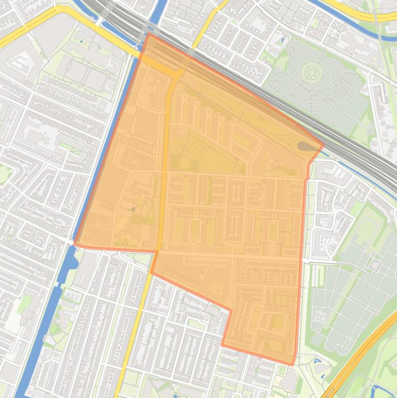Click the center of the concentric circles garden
pos(311,72)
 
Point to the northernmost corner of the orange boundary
pos(149,34)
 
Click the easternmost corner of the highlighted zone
pos(323,146)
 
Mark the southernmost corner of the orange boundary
pos(292,365)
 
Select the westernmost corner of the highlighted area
pos(74,243)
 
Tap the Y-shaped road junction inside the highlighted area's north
pos(176,78)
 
